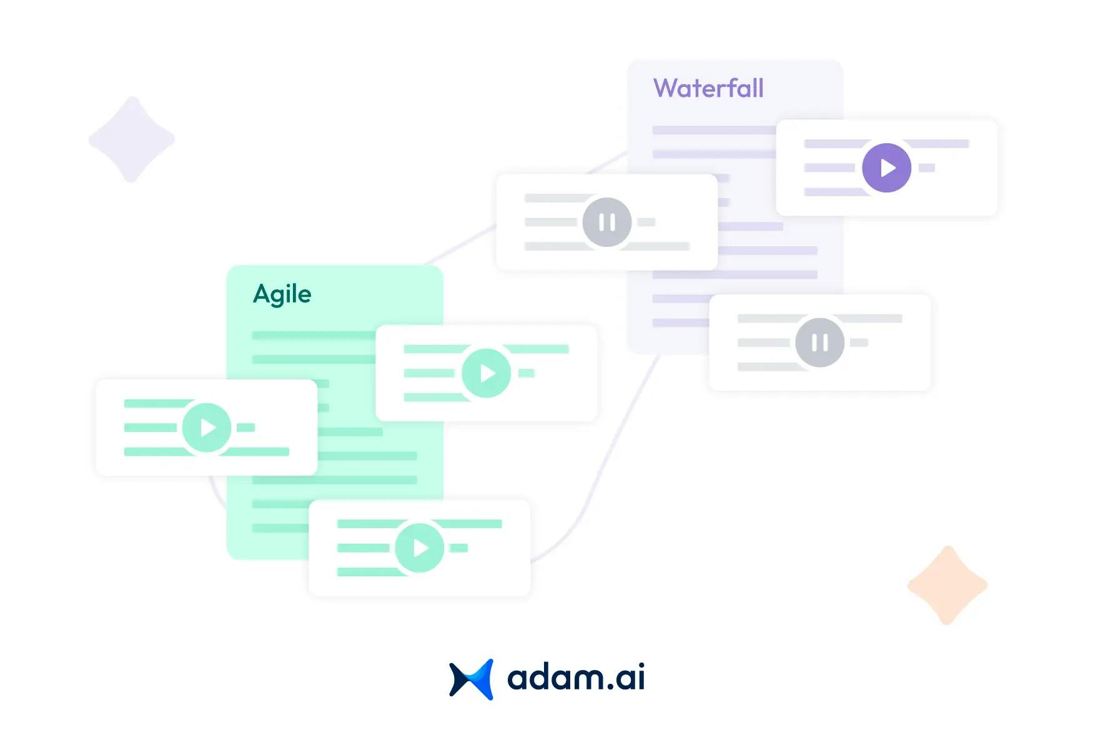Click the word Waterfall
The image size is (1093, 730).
[x=708, y=89]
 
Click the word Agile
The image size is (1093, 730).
[x=282, y=294]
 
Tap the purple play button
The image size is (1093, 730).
[x=886, y=167]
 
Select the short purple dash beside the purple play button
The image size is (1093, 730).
[x=927, y=167]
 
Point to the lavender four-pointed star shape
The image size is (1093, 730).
[x=132, y=139]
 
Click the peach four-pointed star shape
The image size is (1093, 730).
[x=947, y=585]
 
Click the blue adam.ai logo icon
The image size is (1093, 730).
[x=472, y=679]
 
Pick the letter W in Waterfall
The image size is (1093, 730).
[x=666, y=89]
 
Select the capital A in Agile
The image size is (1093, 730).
[x=262, y=294]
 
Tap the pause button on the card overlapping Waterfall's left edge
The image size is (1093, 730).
[x=606, y=222]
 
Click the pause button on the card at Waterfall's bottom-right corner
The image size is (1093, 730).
[x=819, y=342]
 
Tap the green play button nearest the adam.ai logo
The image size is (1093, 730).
[x=420, y=547]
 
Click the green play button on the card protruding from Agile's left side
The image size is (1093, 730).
[x=207, y=427]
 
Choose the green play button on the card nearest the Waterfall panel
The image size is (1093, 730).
[x=486, y=373]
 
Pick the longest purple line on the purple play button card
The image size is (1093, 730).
[x=937, y=144]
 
